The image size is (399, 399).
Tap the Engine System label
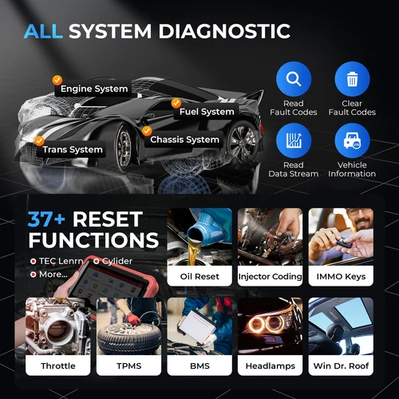(x=94, y=89)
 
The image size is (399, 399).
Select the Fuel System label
(x=206, y=112)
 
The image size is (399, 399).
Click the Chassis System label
(x=184, y=140)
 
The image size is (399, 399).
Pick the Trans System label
(x=73, y=149)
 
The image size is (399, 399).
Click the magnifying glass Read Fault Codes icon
(x=293, y=79)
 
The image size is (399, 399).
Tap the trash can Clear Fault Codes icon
(x=352, y=79)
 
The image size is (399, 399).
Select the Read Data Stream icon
(x=293, y=141)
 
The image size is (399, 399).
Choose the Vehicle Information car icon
(x=352, y=141)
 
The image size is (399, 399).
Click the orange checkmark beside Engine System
(x=57, y=80)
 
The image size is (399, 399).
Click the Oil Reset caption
(x=199, y=276)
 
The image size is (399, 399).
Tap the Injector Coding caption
(x=270, y=276)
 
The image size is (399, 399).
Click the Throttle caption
(x=57, y=365)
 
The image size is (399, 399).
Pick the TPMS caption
(x=128, y=365)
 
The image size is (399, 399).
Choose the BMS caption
(x=199, y=365)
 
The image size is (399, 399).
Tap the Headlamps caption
(x=270, y=365)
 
